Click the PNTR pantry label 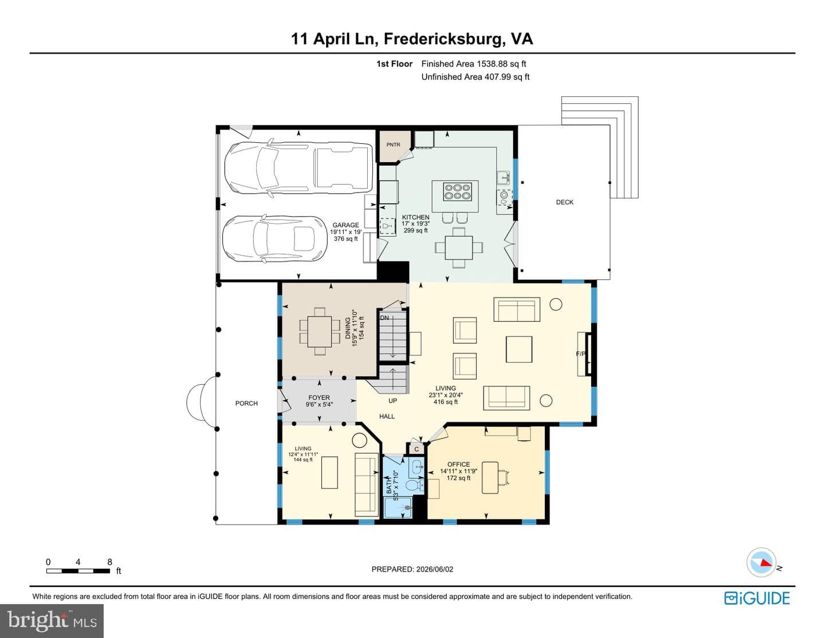click(393, 144)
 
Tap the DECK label click(564, 202)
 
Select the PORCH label click(246, 404)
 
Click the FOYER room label click(319, 398)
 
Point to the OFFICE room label click(459, 464)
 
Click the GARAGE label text click(345, 225)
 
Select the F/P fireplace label click(581, 354)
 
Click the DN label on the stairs click(384, 318)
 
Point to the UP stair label click(392, 401)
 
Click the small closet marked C click(416, 449)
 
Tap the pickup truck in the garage click(298, 168)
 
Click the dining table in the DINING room click(320, 331)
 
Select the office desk click(490, 477)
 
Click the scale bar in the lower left click(78, 571)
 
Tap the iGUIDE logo click(757, 598)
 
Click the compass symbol click(761, 563)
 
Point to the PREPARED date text click(412, 569)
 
